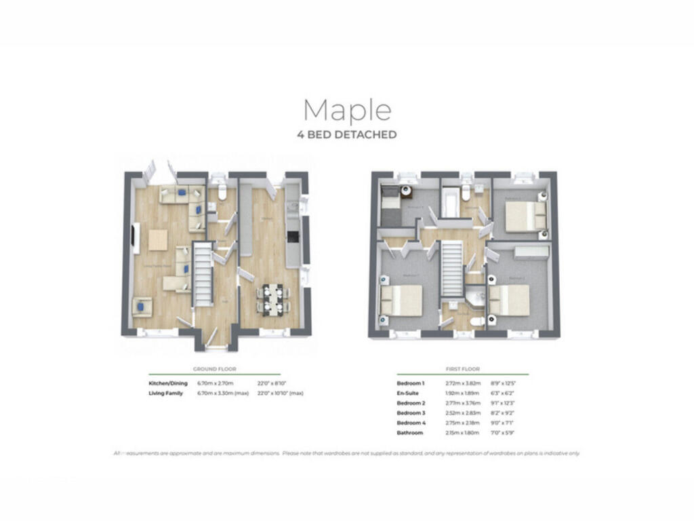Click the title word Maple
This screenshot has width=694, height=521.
pyautogui.click(x=347, y=110)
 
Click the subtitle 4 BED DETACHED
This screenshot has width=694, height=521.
pyautogui.click(x=347, y=135)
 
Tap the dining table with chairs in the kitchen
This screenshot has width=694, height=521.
pyautogui.click(x=272, y=298)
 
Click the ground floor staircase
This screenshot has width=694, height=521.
pyautogui.click(x=203, y=274)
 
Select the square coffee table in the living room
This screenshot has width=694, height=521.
pyautogui.click(x=158, y=239)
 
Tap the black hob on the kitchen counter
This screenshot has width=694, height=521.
pyautogui.click(x=292, y=237)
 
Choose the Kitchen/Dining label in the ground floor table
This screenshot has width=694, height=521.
pyautogui.click(x=168, y=383)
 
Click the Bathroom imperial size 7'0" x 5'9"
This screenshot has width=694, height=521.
pyautogui.click(x=504, y=433)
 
